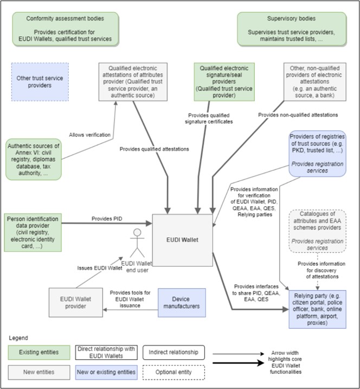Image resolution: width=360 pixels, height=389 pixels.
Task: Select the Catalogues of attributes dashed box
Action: click(318, 230)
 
